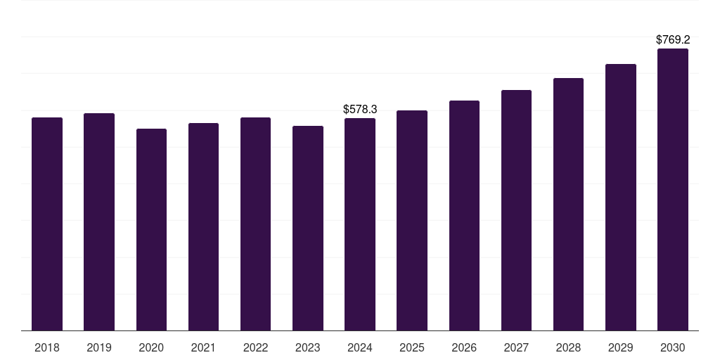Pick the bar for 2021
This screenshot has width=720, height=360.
coord(203,226)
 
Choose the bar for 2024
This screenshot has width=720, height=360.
coord(360,224)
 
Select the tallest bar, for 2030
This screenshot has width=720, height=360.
coord(673,189)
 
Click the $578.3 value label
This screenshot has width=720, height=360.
coord(360,109)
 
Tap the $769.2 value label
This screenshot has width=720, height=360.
coord(673,40)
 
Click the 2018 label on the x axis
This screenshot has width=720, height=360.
coord(47,347)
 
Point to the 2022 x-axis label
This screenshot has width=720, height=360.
coord(256,347)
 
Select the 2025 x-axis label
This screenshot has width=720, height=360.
coord(412,347)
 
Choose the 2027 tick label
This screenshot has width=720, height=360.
coord(516,347)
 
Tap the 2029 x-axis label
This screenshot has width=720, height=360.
coord(621,347)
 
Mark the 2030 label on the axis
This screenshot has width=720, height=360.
coord(673,347)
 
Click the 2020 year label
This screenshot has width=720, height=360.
coord(151,347)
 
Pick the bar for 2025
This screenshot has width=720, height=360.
coord(412,220)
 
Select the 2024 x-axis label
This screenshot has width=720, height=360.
coord(360,347)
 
